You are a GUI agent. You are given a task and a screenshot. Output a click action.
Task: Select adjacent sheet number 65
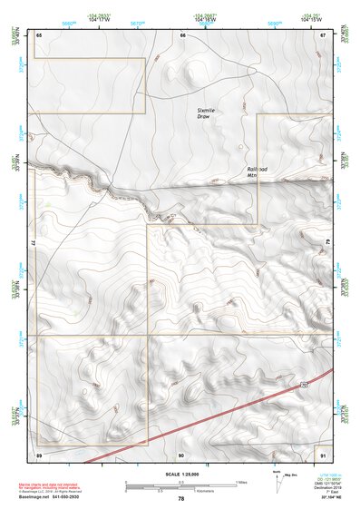tap(39, 34)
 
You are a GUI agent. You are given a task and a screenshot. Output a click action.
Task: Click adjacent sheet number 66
tap(182, 34)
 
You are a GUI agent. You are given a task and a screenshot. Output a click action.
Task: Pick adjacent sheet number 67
tap(322, 34)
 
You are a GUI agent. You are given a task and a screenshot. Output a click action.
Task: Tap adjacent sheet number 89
tap(39, 455)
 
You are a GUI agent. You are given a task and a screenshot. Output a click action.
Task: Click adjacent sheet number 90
tap(181, 455)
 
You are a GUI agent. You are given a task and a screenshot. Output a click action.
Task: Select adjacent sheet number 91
tap(322, 455)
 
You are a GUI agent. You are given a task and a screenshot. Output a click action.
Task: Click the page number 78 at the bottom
tap(180, 498)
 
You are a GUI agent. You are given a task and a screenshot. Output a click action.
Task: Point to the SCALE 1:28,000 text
tap(180, 474)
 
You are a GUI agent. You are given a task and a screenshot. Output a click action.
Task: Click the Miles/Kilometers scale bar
tap(180, 484)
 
